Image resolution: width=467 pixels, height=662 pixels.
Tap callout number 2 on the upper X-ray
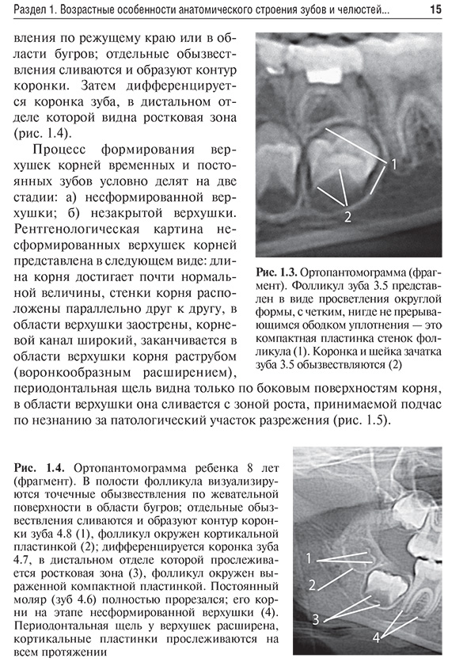click(x=346, y=214)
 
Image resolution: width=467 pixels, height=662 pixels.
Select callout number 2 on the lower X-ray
click(x=312, y=585)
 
